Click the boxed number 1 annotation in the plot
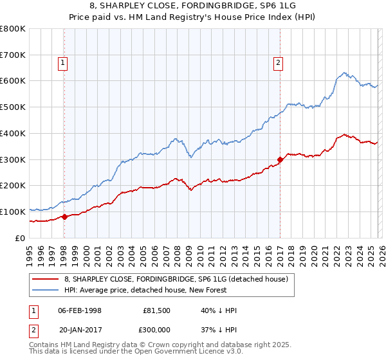[x=62, y=62]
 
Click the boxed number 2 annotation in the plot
[x=278, y=62]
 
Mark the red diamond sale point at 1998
[x=64, y=217]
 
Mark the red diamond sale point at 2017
[x=280, y=159]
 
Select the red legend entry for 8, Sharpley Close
[x=179, y=279]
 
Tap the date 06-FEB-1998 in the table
[x=80, y=310]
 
